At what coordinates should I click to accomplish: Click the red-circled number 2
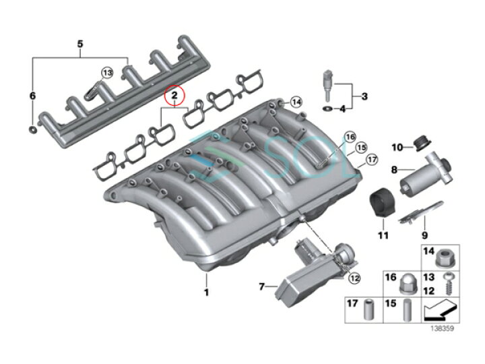174,96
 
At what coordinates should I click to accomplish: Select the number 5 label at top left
80,44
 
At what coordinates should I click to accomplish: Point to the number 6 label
32,96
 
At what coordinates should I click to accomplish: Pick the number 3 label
364,96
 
